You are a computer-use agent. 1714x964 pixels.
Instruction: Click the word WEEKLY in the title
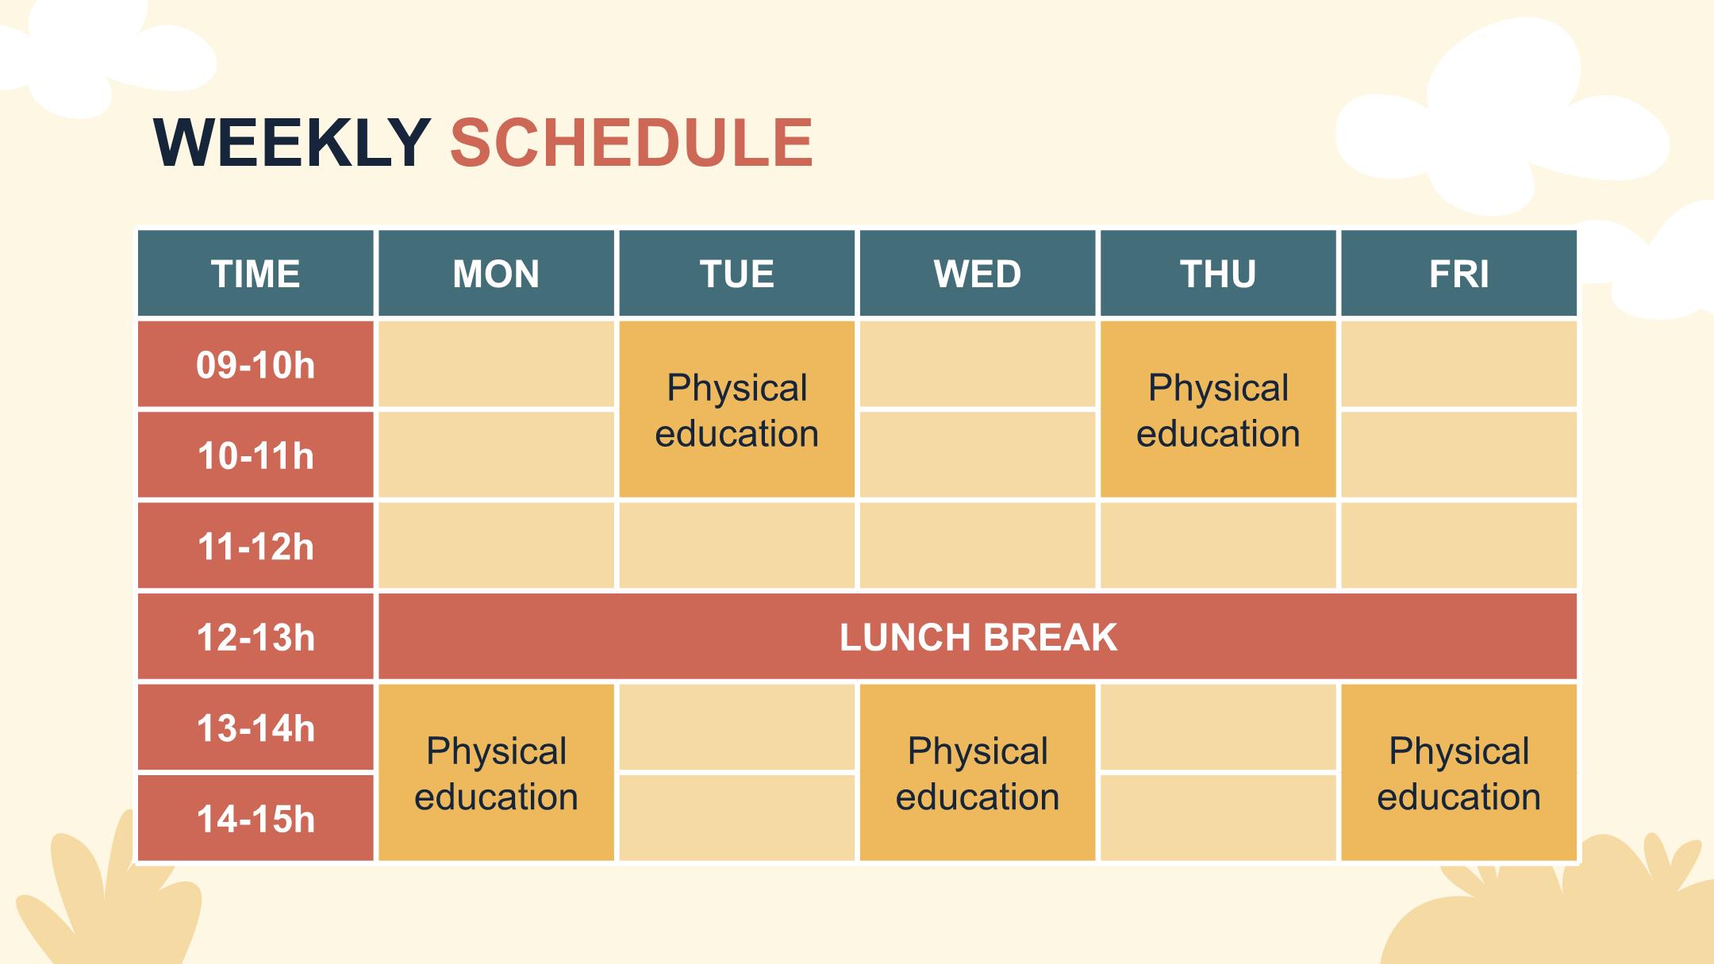pyautogui.click(x=292, y=143)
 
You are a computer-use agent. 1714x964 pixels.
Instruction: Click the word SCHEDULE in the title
pyautogui.click(x=632, y=143)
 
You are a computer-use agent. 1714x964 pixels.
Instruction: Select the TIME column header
pyautogui.click(x=256, y=274)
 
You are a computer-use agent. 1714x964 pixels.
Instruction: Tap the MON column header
pyautogui.click(x=496, y=274)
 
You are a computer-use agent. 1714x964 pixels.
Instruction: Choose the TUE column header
pyautogui.click(x=737, y=274)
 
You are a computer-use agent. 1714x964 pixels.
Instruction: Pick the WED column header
pyautogui.click(x=978, y=274)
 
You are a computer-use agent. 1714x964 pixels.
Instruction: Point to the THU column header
pyautogui.click(x=1218, y=274)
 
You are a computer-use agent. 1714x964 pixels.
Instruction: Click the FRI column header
pyautogui.click(x=1458, y=274)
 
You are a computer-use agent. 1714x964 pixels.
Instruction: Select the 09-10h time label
pyautogui.click(x=256, y=365)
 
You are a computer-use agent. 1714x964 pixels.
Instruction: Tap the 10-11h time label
pyautogui.click(x=256, y=455)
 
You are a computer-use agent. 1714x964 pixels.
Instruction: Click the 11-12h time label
pyautogui.click(x=256, y=547)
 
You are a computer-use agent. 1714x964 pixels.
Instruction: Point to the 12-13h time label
pyautogui.click(x=256, y=637)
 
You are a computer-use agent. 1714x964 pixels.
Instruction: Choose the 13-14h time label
pyautogui.click(x=256, y=728)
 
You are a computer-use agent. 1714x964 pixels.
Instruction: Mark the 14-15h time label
pyautogui.click(x=256, y=819)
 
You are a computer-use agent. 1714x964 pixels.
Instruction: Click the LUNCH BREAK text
pyautogui.click(x=978, y=637)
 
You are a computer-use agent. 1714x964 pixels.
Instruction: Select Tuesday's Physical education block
pyautogui.click(x=737, y=409)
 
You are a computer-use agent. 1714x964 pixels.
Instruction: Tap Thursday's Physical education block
pyautogui.click(x=1218, y=409)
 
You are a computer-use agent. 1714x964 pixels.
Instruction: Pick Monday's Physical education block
pyautogui.click(x=496, y=773)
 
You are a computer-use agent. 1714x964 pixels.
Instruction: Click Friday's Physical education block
pyautogui.click(x=1458, y=773)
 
